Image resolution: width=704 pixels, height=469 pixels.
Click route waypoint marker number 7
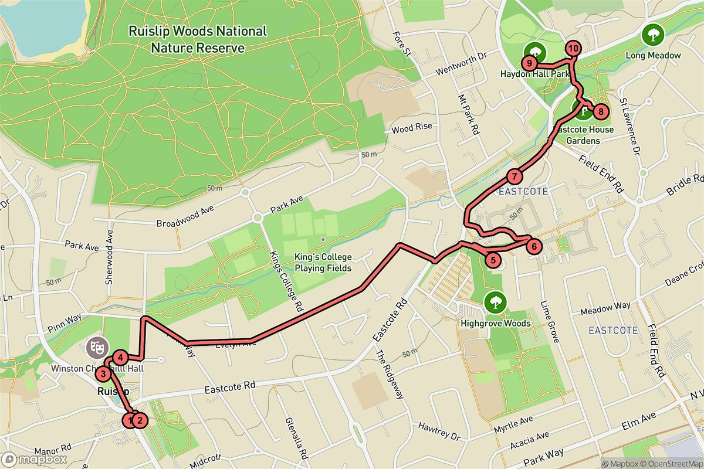[514, 176]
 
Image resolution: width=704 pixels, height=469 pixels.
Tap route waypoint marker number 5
[493, 260]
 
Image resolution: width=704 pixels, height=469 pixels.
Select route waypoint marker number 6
[533, 246]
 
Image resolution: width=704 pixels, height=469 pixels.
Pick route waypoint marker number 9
[529, 63]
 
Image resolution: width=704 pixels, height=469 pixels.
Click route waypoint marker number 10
[573, 49]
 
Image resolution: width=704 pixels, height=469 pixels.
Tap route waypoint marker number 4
[120, 357]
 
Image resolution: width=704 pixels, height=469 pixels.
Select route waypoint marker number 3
[103, 373]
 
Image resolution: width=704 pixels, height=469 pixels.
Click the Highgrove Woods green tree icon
[495, 303]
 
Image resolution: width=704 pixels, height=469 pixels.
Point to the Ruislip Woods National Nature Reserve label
[198, 39]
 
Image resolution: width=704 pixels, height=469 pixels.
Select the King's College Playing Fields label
[323, 263]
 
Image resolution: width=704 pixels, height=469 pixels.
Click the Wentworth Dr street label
[462, 65]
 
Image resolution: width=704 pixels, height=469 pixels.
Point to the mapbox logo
[34, 460]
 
